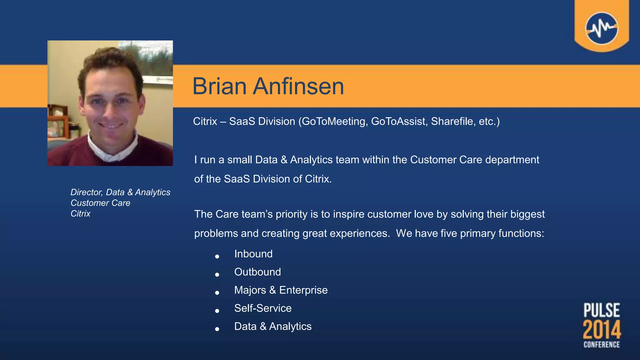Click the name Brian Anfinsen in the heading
coord(268,86)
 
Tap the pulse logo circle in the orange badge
coord(602,28)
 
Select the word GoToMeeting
coord(334,121)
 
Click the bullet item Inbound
coord(253,254)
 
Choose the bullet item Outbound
coord(257,272)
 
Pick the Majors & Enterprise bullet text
coord(281,290)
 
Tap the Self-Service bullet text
coord(263,308)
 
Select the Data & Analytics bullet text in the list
coord(273,326)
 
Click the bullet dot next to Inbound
coord(217,257)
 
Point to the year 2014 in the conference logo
coord(602,329)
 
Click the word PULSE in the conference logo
coord(602,310)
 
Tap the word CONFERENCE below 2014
coord(602,344)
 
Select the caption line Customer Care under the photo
coord(100,203)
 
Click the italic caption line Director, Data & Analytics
coord(120,192)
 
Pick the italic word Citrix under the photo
coord(80,213)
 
